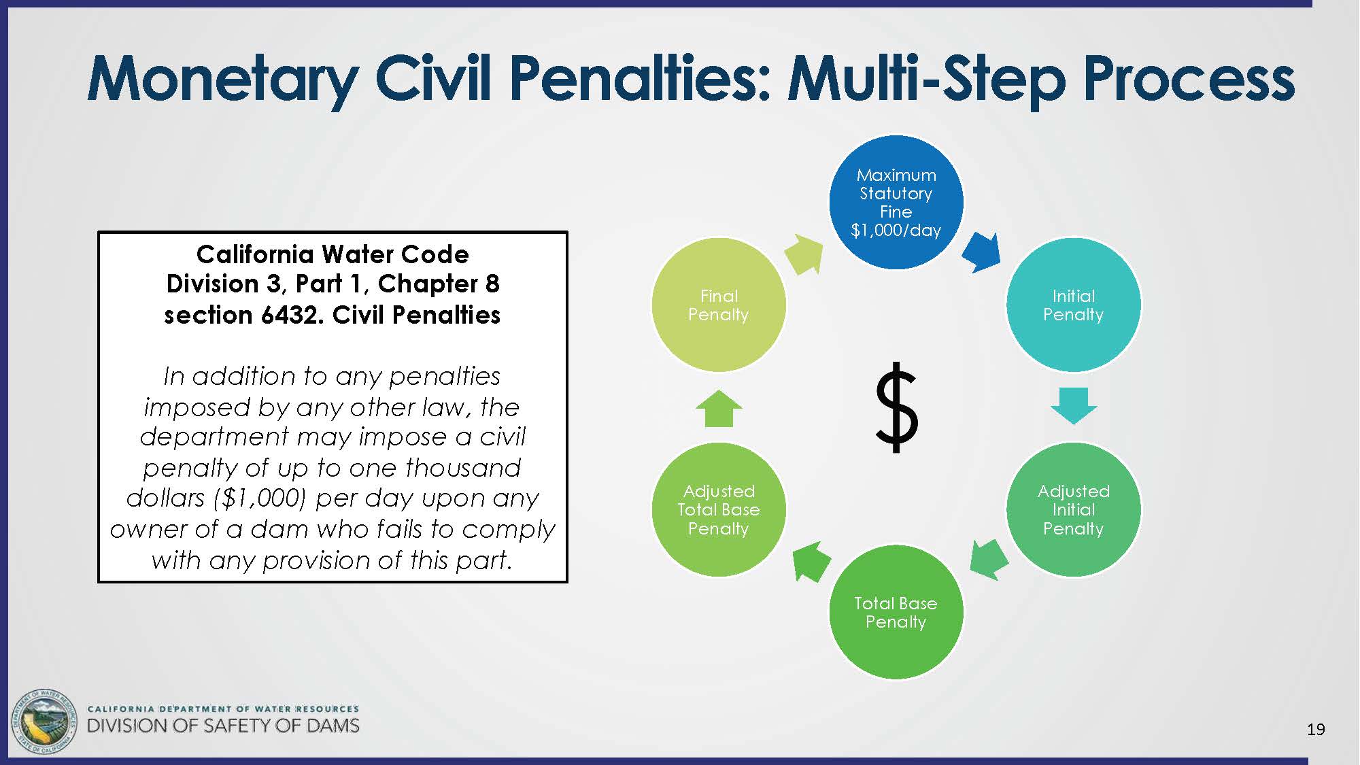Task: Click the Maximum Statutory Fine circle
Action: click(896, 202)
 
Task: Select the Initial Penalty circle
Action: click(1073, 305)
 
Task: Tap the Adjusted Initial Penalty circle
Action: click(1073, 509)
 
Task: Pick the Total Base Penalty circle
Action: click(896, 612)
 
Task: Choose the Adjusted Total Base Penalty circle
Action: click(719, 509)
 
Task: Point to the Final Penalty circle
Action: click(719, 305)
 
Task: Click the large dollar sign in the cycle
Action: click(896, 407)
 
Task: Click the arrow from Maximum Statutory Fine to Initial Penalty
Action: click(982, 252)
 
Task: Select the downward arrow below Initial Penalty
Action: click(1074, 406)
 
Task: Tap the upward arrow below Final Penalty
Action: click(719, 408)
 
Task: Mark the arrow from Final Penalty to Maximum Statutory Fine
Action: click(804, 254)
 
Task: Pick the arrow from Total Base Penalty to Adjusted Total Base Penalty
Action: click(811, 562)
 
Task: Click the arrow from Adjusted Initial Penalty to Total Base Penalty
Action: click(989, 560)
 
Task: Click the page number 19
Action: click(1316, 730)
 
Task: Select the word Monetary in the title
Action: click(223, 80)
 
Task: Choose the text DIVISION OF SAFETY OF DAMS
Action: click(223, 726)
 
